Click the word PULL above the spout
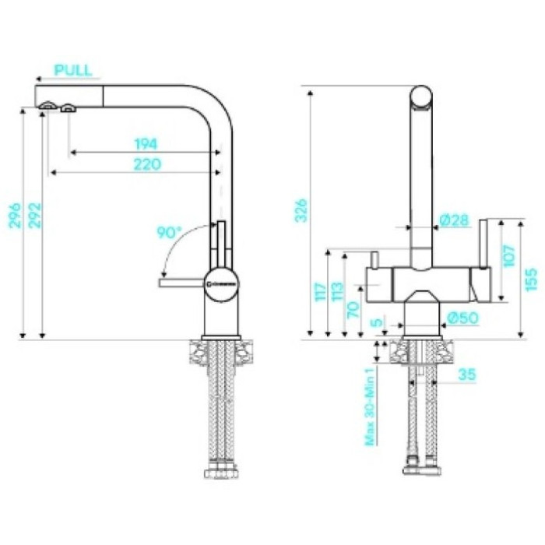[x=72, y=69]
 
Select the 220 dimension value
[x=146, y=164]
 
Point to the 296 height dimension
[x=14, y=220]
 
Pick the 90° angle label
[x=169, y=232]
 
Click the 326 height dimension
[x=301, y=209]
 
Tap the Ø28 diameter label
[x=454, y=221]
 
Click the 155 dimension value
[x=532, y=279]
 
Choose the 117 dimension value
[x=318, y=294]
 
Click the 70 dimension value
[x=354, y=309]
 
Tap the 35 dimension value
[x=467, y=375]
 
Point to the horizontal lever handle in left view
[x=181, y=284]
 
